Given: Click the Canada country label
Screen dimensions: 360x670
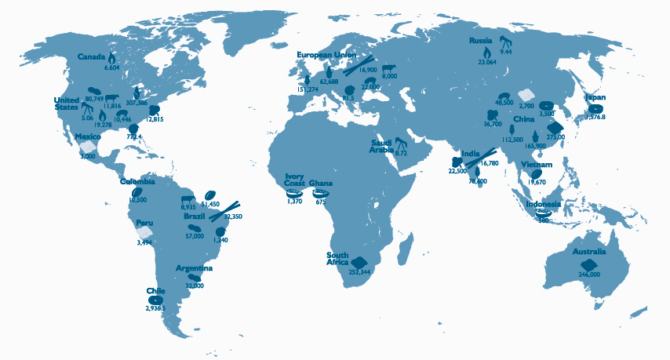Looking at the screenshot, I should tap(92, 56).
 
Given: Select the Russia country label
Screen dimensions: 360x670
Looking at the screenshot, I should tap(480, 40).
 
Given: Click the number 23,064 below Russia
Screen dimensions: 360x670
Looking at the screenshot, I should tap(488, 61).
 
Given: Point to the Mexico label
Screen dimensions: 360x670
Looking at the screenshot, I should tap(87, 136).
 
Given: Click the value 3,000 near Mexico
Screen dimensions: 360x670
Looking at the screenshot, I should tap(88, 156).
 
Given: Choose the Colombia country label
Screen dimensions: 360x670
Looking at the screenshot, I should tap(137, 182).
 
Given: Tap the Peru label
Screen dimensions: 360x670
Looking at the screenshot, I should tap(144, 223).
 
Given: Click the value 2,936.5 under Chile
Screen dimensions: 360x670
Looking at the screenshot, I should tap(157, 308).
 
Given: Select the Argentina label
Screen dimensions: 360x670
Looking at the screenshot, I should tap(194, 268).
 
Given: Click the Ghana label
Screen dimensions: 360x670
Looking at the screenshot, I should tap(321, 184).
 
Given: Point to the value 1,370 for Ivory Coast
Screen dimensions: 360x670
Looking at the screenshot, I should tap(294, 202).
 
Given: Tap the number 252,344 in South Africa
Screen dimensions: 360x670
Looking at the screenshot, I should tap(360, 272).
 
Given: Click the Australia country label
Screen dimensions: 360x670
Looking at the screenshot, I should tap(589, 252).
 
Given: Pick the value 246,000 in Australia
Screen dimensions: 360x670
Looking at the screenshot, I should tap(589, 275).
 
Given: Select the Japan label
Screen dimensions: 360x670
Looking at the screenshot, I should tap(595, 97).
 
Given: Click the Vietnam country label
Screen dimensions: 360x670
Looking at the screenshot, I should tap(537, 165).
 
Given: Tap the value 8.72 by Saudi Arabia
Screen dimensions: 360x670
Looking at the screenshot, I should tap(401, 154).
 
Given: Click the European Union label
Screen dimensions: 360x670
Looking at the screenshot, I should tap(326, 55).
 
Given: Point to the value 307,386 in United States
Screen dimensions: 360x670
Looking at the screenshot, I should tap(147, 103).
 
